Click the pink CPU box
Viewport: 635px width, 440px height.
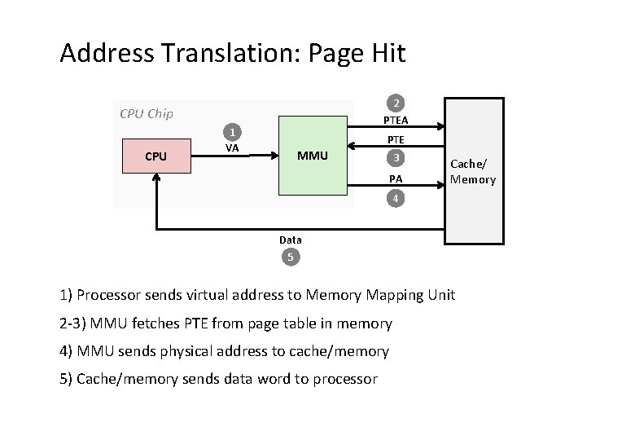pyautogui.click(x=155, y=156)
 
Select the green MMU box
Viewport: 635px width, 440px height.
pyautogui.click(x=313, y=156)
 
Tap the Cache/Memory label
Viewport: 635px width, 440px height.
pyautogui.click(x=473, y=172)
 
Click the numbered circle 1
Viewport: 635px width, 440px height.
pyautogui.click(x=232, y=132)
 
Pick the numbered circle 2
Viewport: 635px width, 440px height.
pyautogui.click(x=395, y=103)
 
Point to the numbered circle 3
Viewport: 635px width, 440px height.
pyautogui.click(x=395, y=158)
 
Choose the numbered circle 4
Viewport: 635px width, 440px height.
pyautogui.click(x=395, y=198)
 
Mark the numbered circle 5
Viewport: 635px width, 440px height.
pyautogui.click(x=291, y=257)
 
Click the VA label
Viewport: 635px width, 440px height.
pyautogui.click(x=232, y=148)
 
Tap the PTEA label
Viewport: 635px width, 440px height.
pyautogui.click(x=396, y=121)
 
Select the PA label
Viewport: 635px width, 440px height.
pyautogui.click(x=396, y=178)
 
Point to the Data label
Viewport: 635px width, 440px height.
pyautogui.click(x=291, y=240)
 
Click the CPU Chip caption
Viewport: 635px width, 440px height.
pyautogui.click(x=146, y=113)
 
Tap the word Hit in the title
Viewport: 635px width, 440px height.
pyautogui.click(x=387, y=54)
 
